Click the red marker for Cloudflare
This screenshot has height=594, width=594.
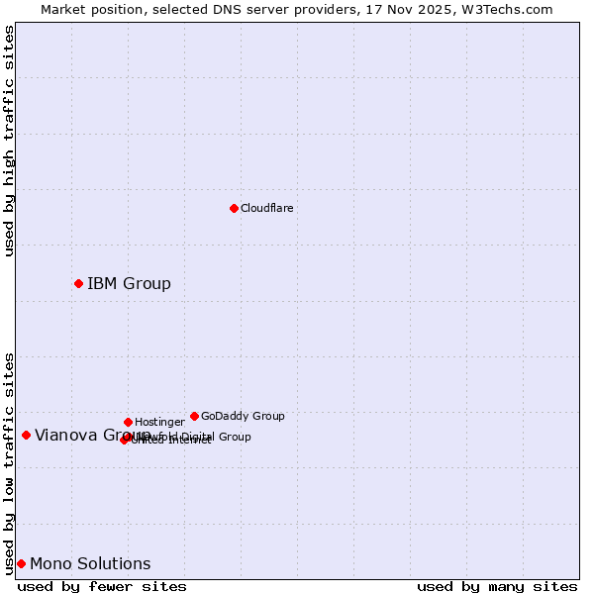tap(234, 208)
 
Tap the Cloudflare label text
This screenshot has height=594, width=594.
tap(266, 209)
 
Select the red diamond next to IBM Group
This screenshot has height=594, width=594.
tap(78, 284)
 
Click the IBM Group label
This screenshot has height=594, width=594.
tap(129, 284)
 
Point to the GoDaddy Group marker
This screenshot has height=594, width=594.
tap(194, 417)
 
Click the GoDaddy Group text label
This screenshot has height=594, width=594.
tap(243, 417)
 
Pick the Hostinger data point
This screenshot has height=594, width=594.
tap(128, 423)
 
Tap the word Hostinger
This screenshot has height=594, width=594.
tap(159, 423)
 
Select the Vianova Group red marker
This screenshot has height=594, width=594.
tap(26, 435)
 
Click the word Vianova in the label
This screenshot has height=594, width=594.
tap(63, 435)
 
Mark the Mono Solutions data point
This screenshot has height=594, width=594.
tap(21, 564)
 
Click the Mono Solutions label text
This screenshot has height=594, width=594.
tap(90, 564)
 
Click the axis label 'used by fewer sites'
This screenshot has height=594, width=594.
tap(102, 587)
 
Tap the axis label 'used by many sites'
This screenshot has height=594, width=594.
tap(497, 587)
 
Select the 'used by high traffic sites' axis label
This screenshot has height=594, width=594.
tap(9, 141)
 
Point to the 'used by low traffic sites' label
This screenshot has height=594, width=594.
tap(9, 462)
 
